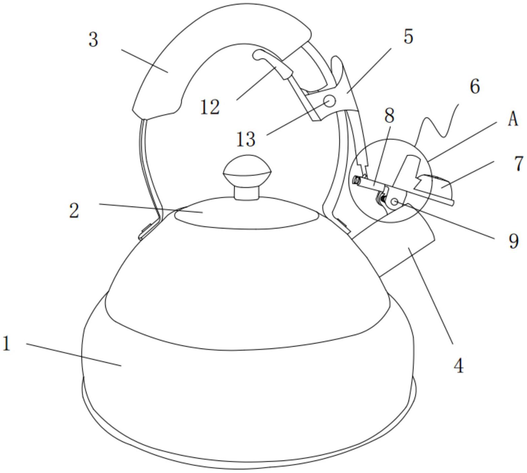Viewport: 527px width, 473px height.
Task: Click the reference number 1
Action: point(7,344)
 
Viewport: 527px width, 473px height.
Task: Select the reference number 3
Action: point(93,40)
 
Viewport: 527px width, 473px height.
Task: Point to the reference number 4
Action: point(459,365)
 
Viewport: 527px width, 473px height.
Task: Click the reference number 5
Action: point(408,36)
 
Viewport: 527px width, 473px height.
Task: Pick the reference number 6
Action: point(475,86)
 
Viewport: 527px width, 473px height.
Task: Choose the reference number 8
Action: point(389,115)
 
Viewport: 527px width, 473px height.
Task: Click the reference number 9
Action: point(514,241)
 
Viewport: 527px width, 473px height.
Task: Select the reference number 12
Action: point(210,107)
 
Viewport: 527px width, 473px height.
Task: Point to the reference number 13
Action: point(246,139)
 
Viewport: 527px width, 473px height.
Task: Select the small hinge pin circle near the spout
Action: point(395,202)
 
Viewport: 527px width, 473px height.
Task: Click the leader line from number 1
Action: point(74,355)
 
